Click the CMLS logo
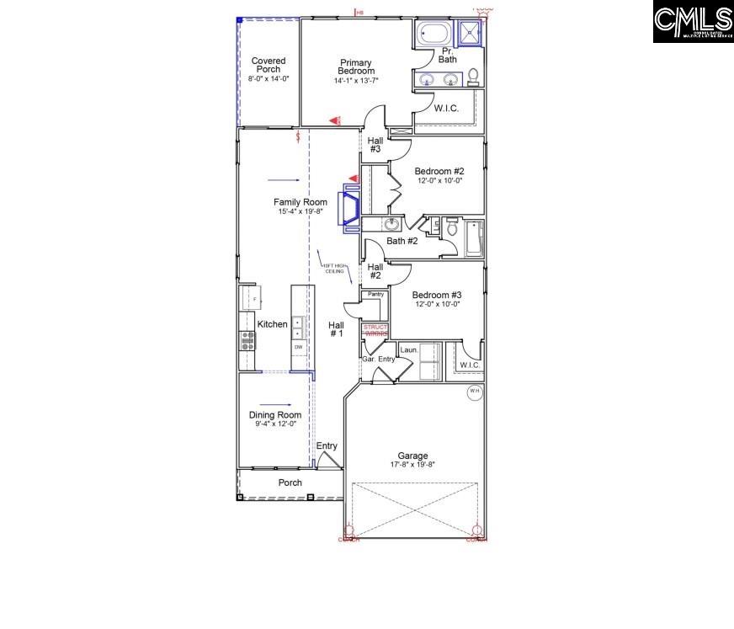click(x=692, y=22)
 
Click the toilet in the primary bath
click(x=473, y=76)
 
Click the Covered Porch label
click(x=269, y=66)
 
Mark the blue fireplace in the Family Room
click(x=348, y=208)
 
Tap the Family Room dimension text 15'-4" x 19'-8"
click(x=301, y=212)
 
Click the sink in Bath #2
click(x=391, y=224)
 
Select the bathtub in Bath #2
click(x=474, y=238)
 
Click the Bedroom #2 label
click(x=439, y=171)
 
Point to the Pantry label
click(x=375, y=294)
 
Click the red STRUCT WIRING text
click(x=375, y=330)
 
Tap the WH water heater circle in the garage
click(x=474, y=391)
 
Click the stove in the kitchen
click(x=248, y=340)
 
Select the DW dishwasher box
click(x=298, y=347)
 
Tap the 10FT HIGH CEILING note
click(x=334, y=269)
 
